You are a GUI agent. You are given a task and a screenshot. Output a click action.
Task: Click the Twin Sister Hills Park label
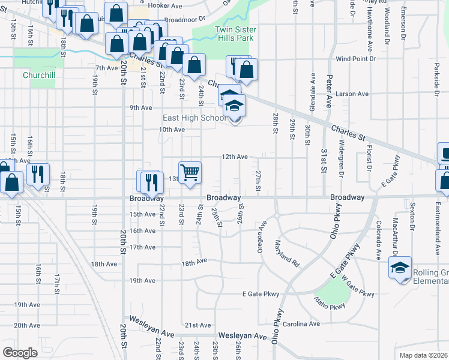[x=236, y=34]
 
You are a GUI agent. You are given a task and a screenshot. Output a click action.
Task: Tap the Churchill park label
[x=38, y=76]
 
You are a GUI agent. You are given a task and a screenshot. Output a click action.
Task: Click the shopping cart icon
[x=190, y=172]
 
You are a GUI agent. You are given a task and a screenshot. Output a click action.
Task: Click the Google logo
[x=20, y=352]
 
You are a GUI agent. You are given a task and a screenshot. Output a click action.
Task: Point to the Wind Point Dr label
[x=355, y=59]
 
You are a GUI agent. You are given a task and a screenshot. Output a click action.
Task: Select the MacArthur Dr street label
[x=395, y=235]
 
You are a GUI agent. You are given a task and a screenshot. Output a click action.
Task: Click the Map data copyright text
[x=423, y=355]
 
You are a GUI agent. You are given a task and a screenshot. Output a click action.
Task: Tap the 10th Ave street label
[x=172, y=130]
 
